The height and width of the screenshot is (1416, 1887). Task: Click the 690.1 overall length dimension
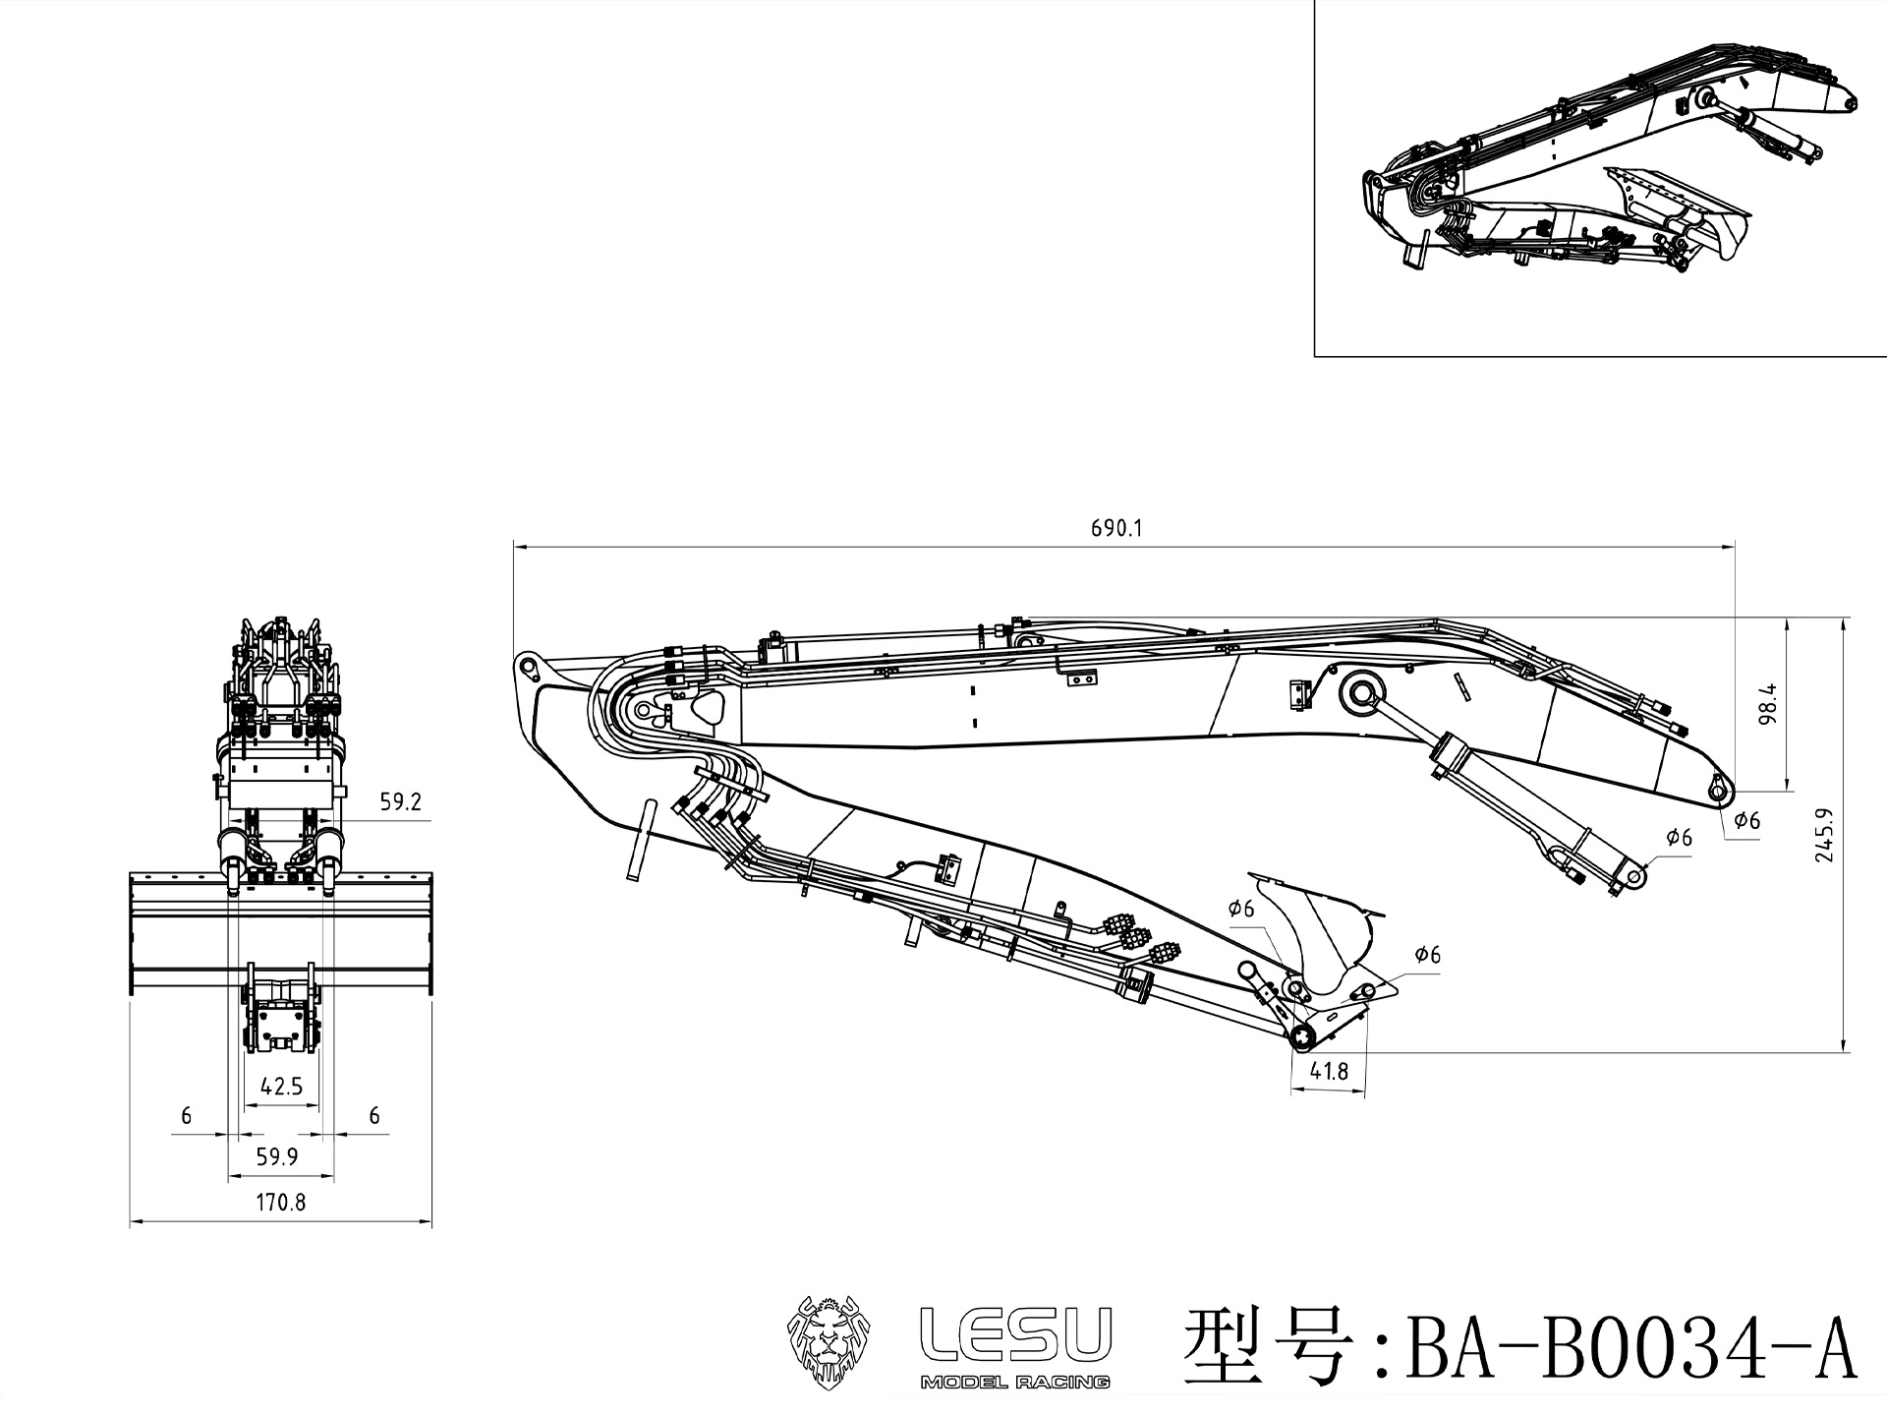1116,528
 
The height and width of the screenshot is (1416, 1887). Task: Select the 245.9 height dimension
1825,836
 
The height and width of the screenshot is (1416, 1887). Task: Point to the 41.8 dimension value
1329,1071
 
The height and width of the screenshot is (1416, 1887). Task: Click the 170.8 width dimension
281,1202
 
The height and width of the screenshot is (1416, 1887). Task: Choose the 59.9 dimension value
277,1156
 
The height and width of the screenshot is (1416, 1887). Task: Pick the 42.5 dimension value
281,1087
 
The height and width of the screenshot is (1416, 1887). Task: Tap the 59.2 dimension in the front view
400,801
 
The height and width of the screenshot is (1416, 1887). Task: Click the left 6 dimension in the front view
187,1115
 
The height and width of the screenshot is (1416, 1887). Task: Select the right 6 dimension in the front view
373,1115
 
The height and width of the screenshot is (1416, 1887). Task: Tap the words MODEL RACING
1014,1382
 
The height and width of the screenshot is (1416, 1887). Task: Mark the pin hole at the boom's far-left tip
529,667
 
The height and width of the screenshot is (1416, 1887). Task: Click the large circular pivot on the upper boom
1360,692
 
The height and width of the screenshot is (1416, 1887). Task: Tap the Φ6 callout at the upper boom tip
1746,820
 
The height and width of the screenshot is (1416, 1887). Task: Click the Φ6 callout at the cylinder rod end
1679,838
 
